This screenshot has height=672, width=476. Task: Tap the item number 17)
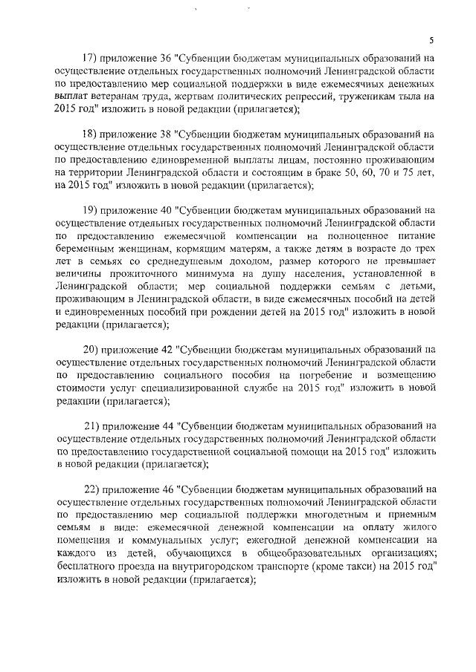(x=91, y=59)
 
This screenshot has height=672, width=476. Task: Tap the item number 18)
(x=91, y=134)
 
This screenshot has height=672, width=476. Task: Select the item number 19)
(x=91, y=210)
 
